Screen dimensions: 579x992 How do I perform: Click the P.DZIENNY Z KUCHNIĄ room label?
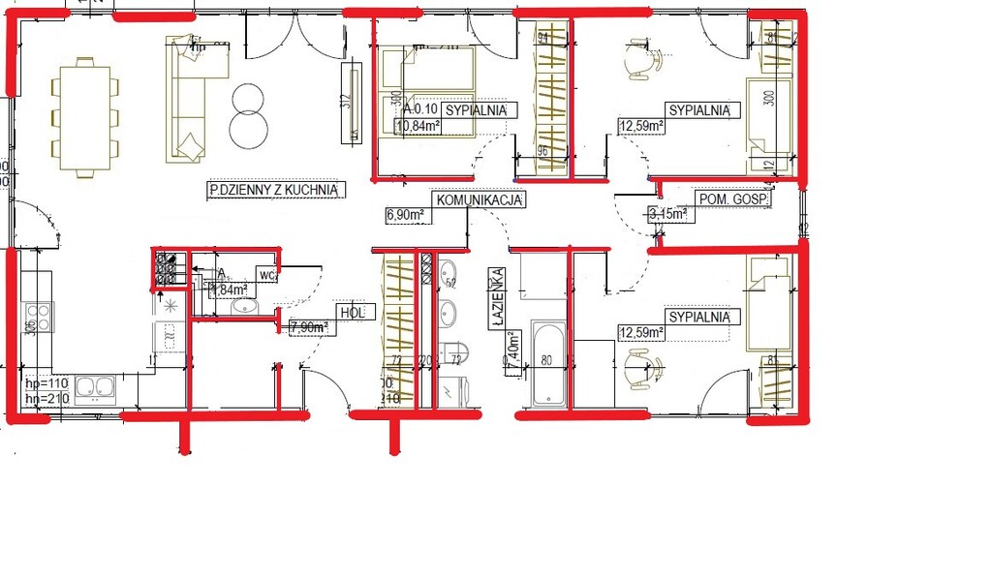275,191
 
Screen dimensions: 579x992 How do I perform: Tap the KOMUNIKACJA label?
480,200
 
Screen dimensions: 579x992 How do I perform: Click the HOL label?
350,313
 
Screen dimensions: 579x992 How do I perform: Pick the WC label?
267,276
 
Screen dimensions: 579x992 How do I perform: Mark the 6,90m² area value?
406,214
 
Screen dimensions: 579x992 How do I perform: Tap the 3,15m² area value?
667,213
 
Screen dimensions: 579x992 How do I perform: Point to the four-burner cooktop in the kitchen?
38,316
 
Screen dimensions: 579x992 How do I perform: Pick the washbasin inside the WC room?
244,307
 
